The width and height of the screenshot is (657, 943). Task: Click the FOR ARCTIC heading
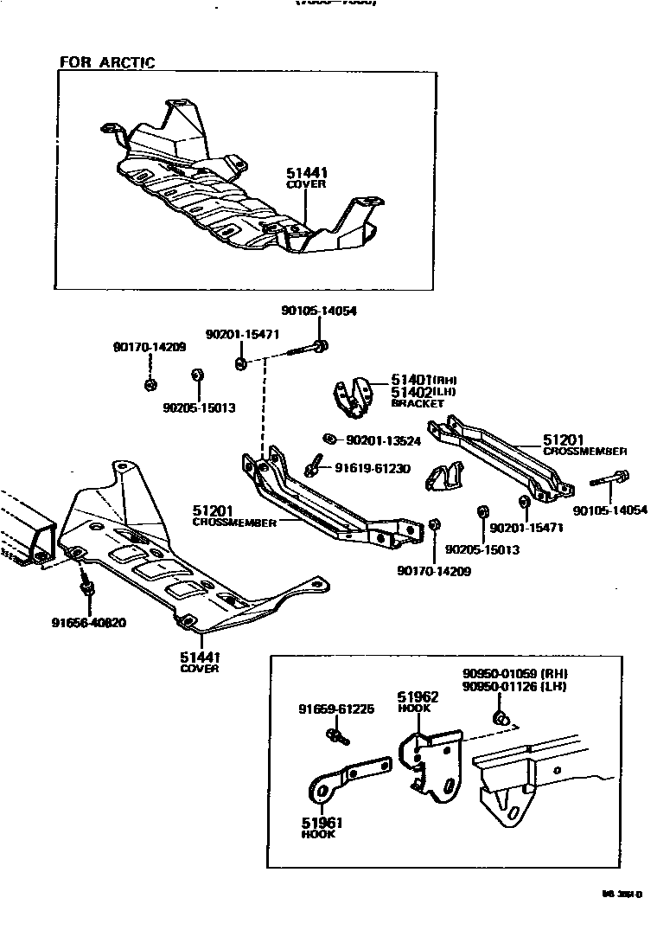point(106,62)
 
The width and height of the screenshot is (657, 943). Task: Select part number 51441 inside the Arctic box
point(307,174)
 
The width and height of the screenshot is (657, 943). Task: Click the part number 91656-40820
point(89,622)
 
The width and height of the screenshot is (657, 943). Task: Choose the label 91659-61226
point(335,709)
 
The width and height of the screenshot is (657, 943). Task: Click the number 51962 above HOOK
point(418,696)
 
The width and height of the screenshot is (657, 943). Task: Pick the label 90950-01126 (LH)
point(519,687)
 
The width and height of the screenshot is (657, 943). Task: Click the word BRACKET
point(418,404)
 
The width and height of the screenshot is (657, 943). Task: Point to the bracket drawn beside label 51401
point(354,399)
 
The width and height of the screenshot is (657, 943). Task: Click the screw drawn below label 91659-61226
point(336,736)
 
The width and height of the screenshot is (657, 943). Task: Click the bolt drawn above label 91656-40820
point(86,587)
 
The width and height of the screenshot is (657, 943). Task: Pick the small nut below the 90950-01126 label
point(499,717)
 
